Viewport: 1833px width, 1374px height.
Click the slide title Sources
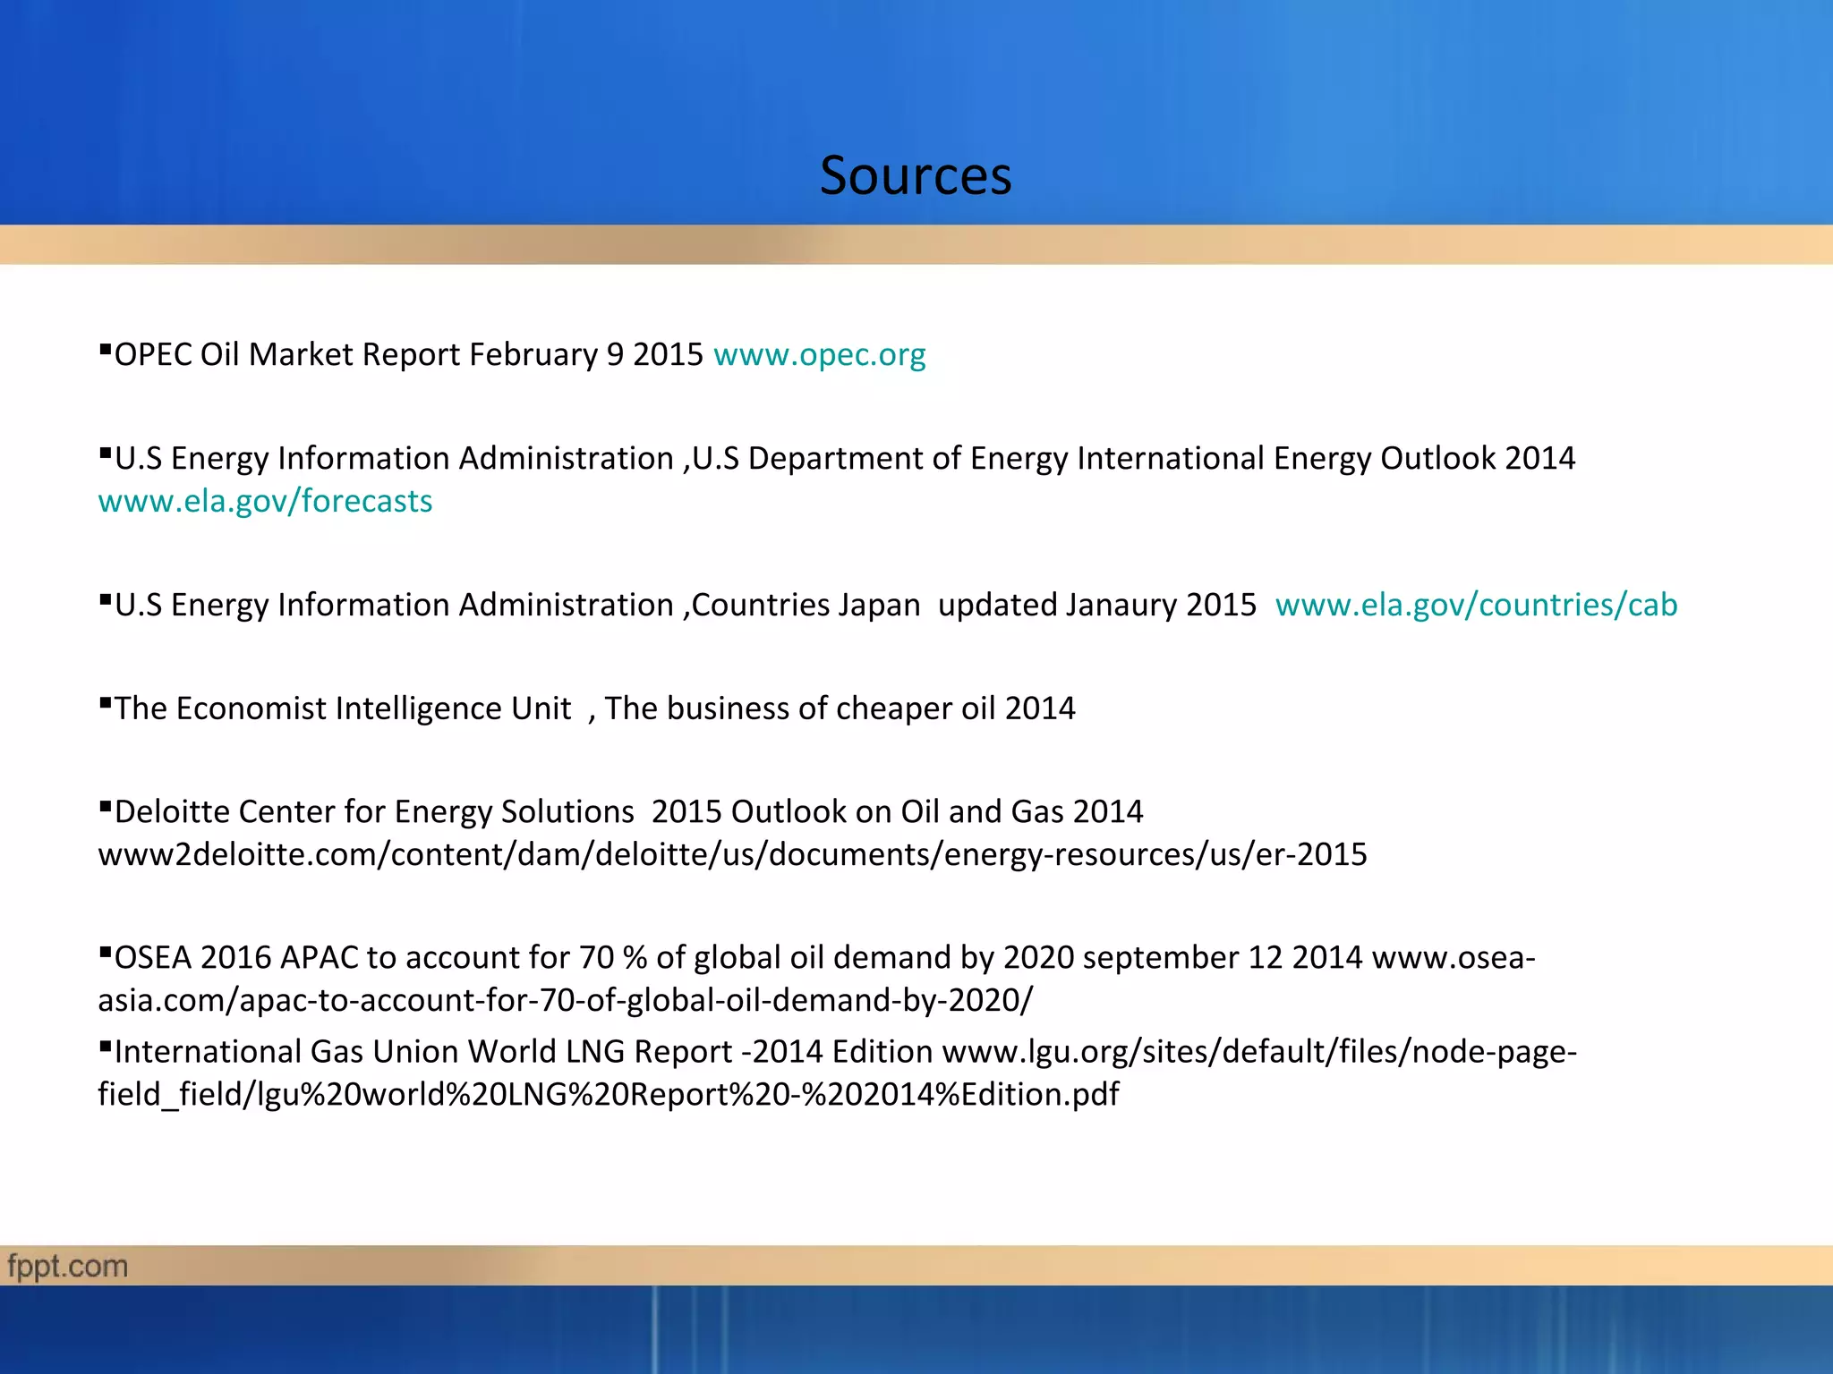[x=916, y=175]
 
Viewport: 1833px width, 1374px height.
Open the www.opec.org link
[x=819, y=355]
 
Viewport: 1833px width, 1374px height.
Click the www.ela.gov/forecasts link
[x=265, y=502]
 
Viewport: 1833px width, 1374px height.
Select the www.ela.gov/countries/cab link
[x=1476, y=606]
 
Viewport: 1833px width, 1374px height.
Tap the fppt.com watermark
[x=68, y=1267]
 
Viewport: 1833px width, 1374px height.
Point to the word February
[x=533, y=355]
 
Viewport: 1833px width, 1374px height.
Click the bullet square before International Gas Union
[x=105, y=1044]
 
